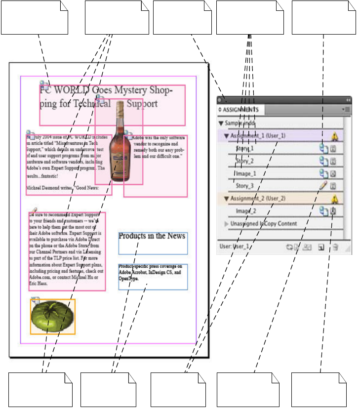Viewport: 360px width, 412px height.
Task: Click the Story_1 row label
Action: click(x=245, y=148)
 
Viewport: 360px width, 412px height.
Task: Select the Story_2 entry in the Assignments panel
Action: click(x=245, y=161)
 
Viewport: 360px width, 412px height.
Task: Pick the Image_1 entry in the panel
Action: click(x=246, y=173)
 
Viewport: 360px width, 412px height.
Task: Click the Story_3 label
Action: click(x=245, y=186)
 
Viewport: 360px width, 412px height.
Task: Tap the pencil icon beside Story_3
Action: click(x=323, y=186)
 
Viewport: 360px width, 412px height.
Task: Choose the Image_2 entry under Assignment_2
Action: click(x=246, y=211)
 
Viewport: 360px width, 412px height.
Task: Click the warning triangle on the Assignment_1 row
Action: click(x=335, y=136)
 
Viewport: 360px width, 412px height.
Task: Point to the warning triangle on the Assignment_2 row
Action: click(x=335, y=199)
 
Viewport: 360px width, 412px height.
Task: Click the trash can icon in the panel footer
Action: click(x=335, y=247)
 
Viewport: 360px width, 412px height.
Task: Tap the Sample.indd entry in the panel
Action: click(x=240, y=123)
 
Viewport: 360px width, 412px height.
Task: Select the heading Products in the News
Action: click(x=152, y=236)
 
